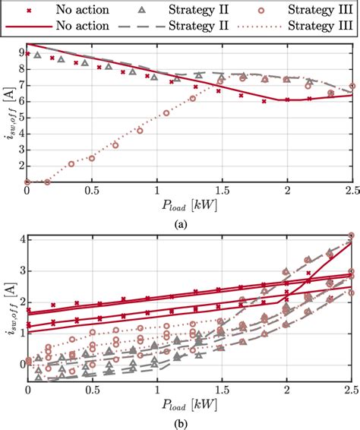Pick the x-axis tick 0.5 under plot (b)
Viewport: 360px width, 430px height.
[92, 390]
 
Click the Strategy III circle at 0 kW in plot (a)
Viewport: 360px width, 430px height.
[27, 182]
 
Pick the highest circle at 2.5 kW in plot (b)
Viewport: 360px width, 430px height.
[351, 236]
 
